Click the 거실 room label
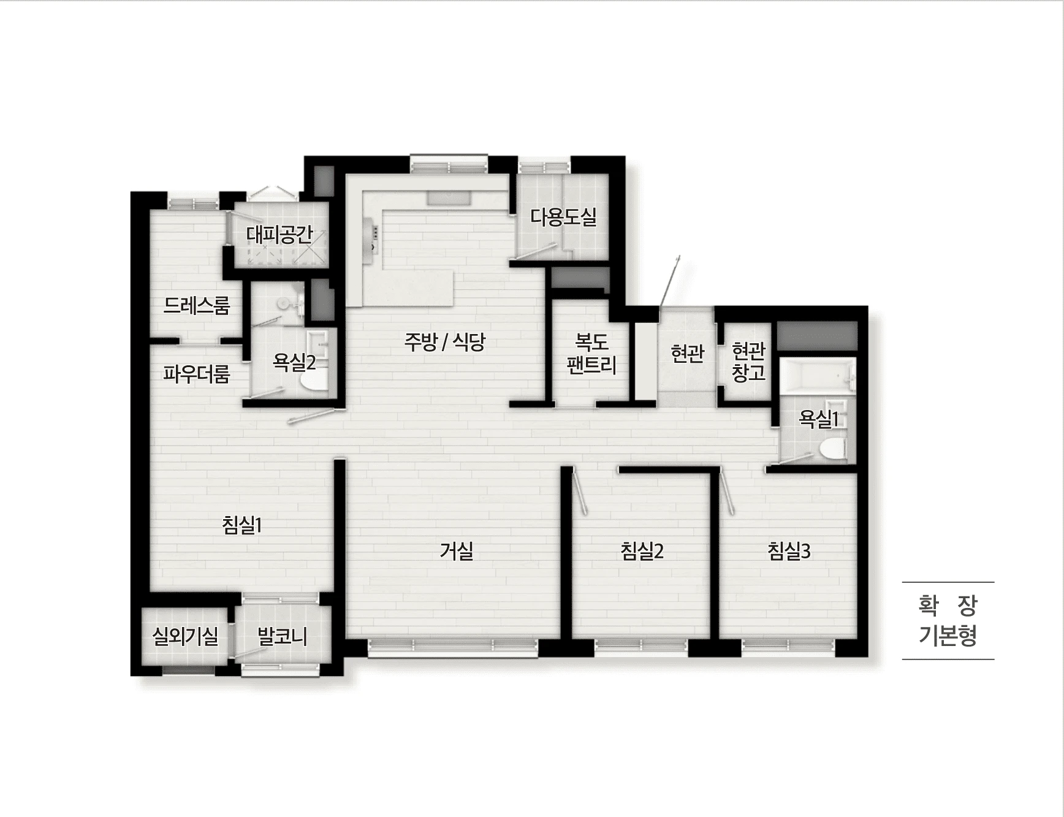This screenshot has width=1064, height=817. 457,550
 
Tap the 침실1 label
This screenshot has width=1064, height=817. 242,525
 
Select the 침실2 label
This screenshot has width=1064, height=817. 642,551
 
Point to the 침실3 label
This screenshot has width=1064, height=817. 789,551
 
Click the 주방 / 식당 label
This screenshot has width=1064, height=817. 444,341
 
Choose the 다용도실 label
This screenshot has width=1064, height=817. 563,216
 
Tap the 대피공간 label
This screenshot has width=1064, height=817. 279,234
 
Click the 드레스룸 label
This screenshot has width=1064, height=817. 196,305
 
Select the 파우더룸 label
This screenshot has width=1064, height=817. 196,373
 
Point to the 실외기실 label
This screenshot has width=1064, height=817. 185,636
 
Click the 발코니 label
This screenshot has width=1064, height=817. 282,636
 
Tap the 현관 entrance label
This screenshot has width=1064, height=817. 688,353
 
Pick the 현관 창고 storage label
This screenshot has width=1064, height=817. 749,362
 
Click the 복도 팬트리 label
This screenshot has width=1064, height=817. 591,353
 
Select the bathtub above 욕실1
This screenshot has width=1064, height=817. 817,374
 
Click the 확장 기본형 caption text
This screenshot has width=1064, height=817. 948,620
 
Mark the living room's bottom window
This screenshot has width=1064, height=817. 453,647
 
